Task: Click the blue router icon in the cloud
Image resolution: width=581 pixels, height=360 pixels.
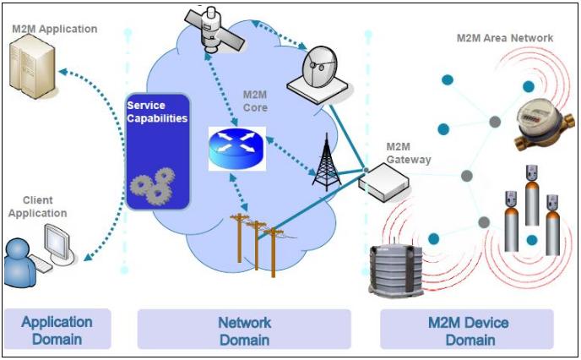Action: click(236, 147)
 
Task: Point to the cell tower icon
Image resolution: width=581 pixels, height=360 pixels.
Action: click(325, 161)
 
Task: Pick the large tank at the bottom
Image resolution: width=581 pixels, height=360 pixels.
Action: click(400, 270)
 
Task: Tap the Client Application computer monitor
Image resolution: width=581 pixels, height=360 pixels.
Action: click(57, 244)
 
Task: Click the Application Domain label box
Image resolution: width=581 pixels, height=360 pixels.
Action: click(57, 330)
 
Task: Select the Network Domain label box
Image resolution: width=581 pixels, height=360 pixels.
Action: click(244, 330)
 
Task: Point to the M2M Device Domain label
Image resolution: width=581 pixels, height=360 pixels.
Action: click(466, 330)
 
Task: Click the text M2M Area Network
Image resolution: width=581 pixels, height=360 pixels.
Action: click(504, 38)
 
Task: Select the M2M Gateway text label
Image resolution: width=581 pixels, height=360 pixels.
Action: click(408, 153)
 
